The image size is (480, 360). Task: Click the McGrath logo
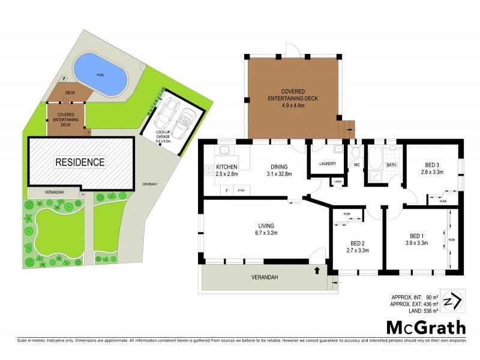[x=425, y=327]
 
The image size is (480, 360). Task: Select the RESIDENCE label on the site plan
[x=80, y=162]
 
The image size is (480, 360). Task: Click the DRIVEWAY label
[x=151, y=184]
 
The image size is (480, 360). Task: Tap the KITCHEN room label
[x=227, y=166]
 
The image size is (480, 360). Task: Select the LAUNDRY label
[x=328, y=163]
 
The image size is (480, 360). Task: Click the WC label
[x=356, y=164]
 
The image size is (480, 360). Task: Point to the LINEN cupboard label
[x=338, y=181]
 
